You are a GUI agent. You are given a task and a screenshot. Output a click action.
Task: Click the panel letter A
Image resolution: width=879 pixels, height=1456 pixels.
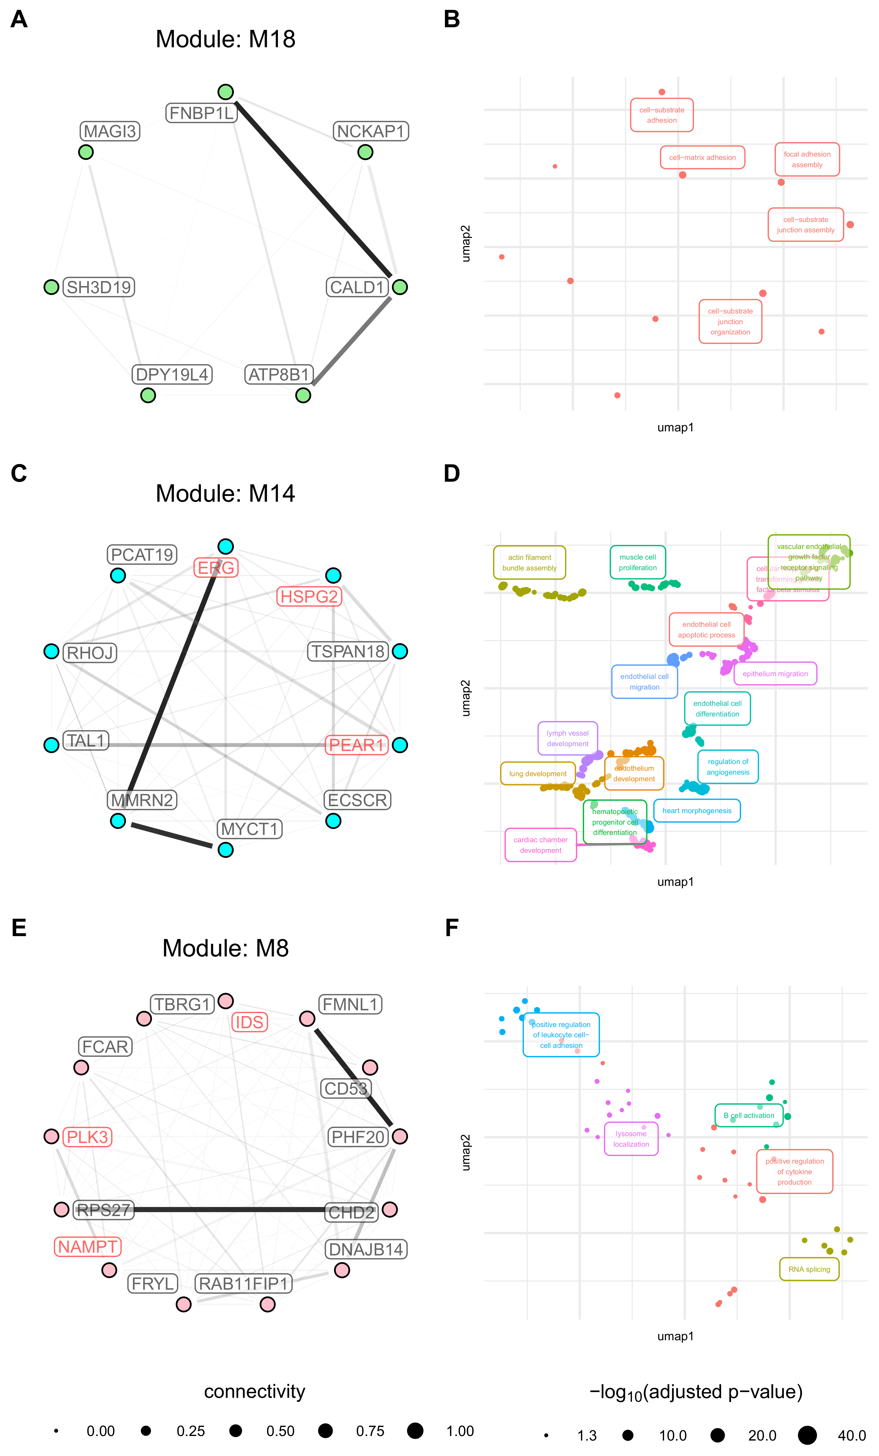[19, 19]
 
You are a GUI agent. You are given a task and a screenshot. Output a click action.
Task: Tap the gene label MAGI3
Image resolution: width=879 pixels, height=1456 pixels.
[110, 131]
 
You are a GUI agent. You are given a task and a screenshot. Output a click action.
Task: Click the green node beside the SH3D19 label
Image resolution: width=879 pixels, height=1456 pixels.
[52, 287]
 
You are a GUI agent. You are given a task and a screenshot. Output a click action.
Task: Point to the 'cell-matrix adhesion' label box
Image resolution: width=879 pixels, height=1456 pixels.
[702, 158]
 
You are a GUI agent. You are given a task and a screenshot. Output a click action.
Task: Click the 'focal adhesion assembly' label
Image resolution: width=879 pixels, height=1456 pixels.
[807, 160]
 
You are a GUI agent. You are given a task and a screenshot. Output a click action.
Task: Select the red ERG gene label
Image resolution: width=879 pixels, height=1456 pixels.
[216, 568]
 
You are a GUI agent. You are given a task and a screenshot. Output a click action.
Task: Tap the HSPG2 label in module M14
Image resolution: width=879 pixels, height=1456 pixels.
[309, 597]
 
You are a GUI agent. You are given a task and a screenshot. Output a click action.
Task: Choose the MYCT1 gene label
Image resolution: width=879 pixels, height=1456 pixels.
[249, 829]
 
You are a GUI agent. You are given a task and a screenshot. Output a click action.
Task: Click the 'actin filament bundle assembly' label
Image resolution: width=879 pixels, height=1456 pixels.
[529, 563]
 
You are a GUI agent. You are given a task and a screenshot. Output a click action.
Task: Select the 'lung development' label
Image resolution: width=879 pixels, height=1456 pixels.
[537, 773]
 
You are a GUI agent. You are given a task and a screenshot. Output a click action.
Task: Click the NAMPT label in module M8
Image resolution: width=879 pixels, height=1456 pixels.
[88, 1247]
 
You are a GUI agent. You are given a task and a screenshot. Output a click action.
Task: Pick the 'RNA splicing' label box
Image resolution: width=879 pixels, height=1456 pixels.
[809, 1269]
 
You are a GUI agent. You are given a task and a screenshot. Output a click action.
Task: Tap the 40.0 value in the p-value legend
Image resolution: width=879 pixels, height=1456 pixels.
[851, 1435]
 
